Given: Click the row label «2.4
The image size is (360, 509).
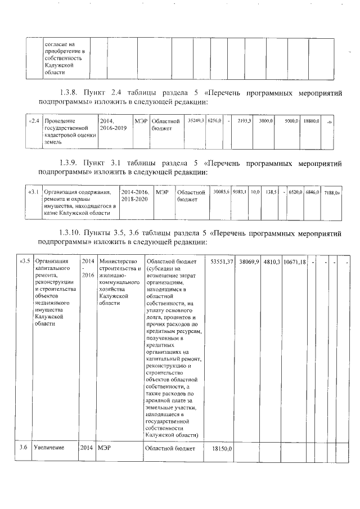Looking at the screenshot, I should tap(34, 121).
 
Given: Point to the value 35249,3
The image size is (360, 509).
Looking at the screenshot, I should tap(195, 121).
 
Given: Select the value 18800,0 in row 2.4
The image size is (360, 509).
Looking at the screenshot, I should tap(310, 121).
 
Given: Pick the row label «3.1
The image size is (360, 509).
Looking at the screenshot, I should tap(34, 192).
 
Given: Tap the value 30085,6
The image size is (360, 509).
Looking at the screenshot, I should tap(220, 192).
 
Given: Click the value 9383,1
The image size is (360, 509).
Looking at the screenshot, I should tap(240, 192).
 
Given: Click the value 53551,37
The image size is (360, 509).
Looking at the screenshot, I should tap(222, 262).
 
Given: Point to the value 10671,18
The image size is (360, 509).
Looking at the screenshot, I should tap(294, 262).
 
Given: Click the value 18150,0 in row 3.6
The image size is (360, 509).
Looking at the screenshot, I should tap(222, 450).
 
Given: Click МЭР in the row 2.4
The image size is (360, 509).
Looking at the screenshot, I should tap(139, 121).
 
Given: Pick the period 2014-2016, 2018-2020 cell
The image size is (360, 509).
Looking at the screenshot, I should tap(135, 196).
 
